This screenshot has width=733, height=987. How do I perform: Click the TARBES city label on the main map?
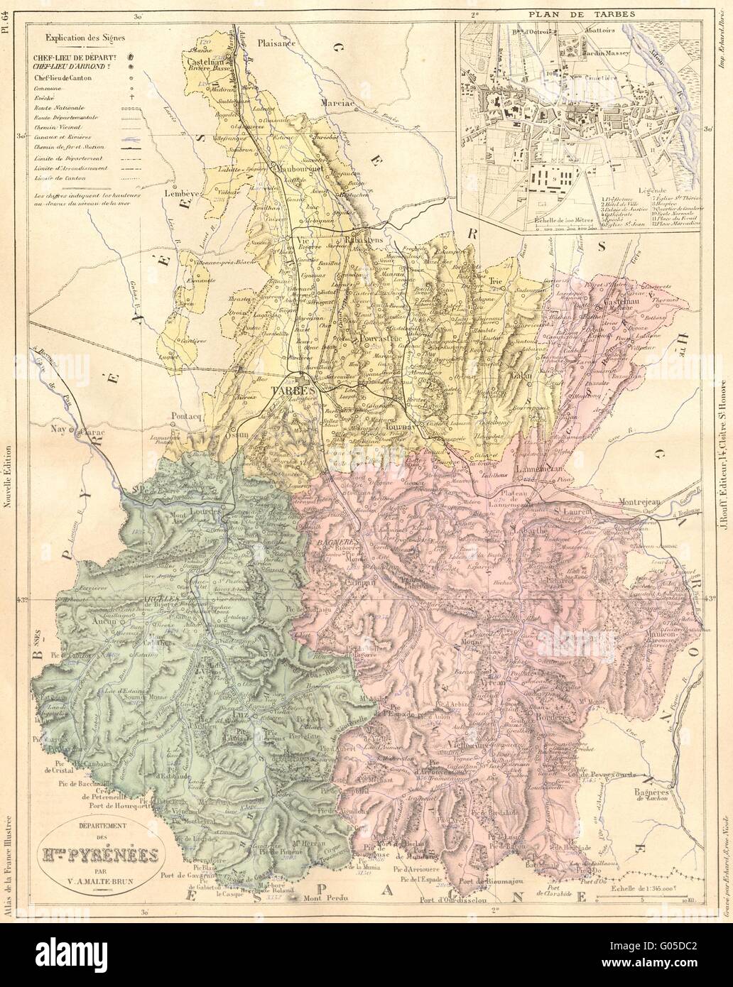click(290, 391)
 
